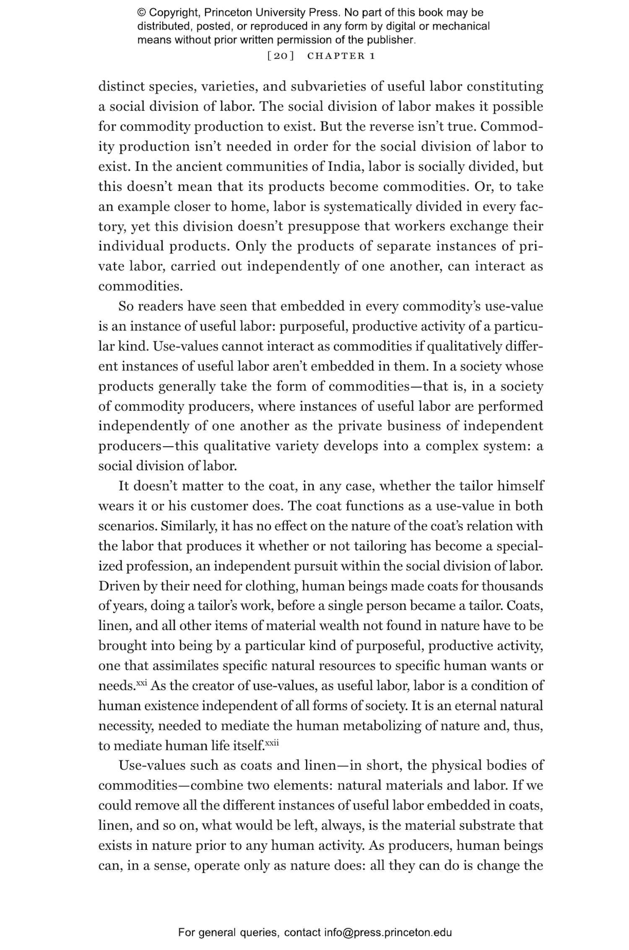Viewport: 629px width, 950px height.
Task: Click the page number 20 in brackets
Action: click(x=280, y=56)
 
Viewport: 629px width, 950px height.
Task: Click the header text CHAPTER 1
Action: click(x=341, y=56)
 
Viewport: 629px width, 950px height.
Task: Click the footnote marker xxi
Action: click(x=142, y=683)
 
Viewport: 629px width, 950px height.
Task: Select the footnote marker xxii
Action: click(x=272, y=743)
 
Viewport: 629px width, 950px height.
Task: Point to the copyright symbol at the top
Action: click(x=141, y=13)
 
